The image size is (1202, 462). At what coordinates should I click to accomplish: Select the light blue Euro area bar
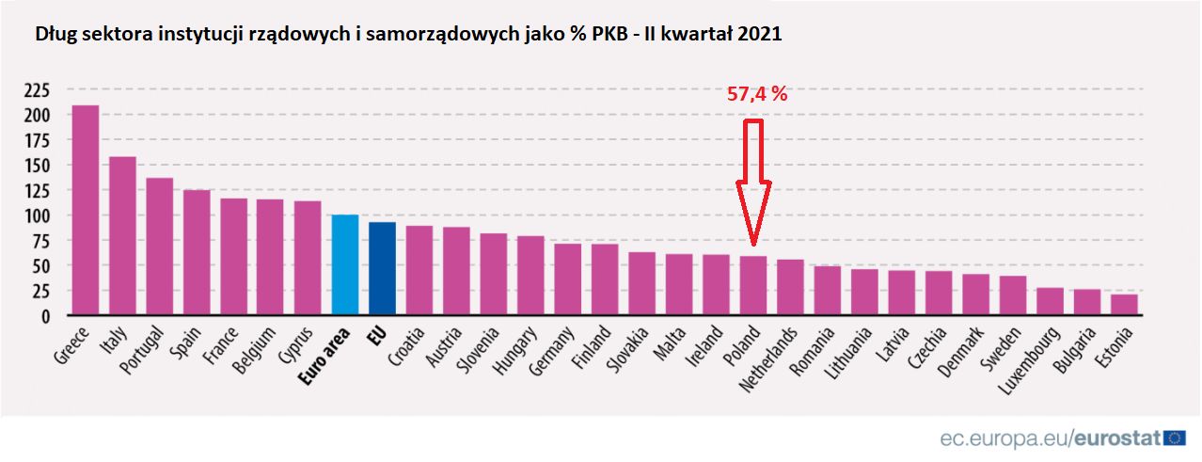tap(345, 264)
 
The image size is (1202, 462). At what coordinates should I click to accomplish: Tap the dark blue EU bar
tap(382, 268)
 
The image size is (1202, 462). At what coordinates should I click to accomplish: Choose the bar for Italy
tap(122, 235)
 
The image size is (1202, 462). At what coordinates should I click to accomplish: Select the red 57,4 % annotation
tap(757, 94)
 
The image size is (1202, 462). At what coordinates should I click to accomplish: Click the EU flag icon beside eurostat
tap(1175, 438)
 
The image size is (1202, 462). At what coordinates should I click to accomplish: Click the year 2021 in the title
tap(759, 34)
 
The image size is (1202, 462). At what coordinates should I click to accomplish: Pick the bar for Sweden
tap(1013, 295)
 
